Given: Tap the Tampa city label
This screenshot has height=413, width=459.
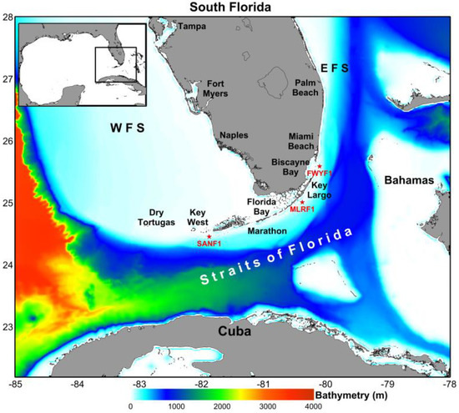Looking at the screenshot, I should point(194,27).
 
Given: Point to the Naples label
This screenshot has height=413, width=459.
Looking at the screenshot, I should point(234,135).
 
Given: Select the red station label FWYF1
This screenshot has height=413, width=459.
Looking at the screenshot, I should point(320,173).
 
